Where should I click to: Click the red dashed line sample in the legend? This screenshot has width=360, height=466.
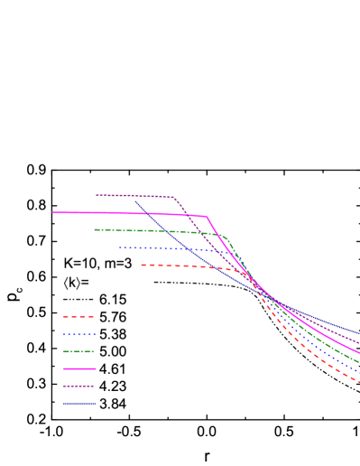point(78,317)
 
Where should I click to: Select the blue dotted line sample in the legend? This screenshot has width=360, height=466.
point(79,334)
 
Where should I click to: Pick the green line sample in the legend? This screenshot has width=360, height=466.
point(79,351)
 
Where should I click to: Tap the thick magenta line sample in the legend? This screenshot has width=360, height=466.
point(79,368)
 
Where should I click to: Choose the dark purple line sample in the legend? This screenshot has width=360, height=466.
point(79,386)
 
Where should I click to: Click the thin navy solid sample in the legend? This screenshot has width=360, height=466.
point(79,403)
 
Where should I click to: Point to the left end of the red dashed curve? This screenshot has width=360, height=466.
point(142,265)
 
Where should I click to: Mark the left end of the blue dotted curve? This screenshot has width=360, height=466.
point(120,247)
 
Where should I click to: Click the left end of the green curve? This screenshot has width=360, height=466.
point(95,229)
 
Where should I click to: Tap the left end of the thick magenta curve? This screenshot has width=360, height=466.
point(52,212)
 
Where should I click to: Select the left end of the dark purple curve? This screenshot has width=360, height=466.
point(97,194)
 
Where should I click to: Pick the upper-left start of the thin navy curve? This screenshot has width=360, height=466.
point(135,201)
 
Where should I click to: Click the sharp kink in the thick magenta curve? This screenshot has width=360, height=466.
point(208,217)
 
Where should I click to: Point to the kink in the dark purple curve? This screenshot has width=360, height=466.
point(175,198)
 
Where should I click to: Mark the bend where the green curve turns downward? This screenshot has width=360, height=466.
point(226,238)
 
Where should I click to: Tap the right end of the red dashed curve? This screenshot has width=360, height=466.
point(359,382)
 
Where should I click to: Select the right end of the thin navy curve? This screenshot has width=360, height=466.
point(359,333)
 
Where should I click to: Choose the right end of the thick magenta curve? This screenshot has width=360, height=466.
point(359,353)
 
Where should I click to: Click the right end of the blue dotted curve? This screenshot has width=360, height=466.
point(359,371)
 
